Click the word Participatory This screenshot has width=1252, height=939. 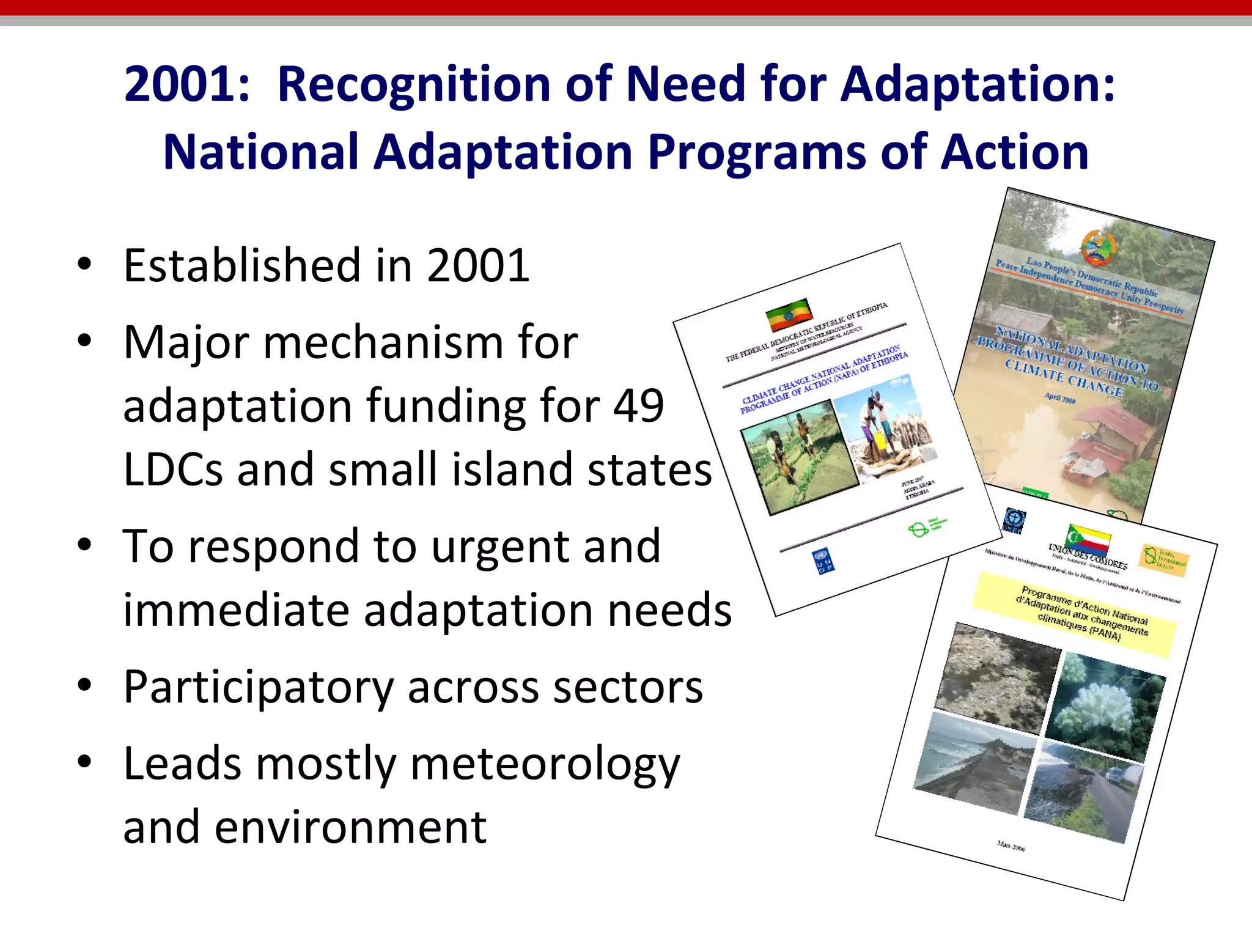(258, 688)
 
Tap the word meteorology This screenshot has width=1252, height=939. (545, 765)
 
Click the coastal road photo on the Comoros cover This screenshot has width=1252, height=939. (1082, 792)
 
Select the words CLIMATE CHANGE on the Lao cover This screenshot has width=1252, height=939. (1064, 378)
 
